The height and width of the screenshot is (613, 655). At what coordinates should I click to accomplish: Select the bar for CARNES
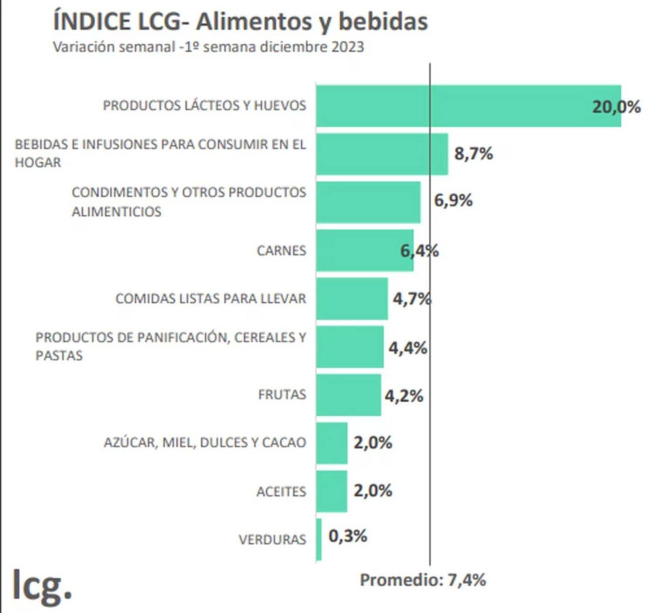pyautogui.click(x=365, y=250)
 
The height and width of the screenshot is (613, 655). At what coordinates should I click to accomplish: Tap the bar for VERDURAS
pyautogui.click(x=319, y=539)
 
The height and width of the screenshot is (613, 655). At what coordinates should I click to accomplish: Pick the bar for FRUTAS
pyautogui.click(x=348, y=395)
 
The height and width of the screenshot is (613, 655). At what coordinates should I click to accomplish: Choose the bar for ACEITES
pyautogui.click(x=332, y=491)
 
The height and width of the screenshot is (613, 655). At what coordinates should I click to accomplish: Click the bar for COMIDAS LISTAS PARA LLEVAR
pyautogui.click(x=352, y=298)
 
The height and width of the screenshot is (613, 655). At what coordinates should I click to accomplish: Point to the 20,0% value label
pyautogui.click(x=616, y=107)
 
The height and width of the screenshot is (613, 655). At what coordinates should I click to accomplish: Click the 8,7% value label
pyautogui.click(x=474, y=154)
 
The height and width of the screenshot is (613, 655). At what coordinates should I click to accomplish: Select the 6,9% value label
pyautogui.click(x=453, y=201)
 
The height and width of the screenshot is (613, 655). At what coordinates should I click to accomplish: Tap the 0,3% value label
pyautogui.click(x=348, y=536)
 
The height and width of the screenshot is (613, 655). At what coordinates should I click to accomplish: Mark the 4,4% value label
pyautogui.click(x=408, y=348)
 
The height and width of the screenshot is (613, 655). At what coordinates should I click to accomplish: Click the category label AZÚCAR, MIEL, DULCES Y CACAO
pyautogui.click(x=205, y=442)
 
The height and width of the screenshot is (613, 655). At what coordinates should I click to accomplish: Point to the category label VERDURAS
pyautogui.click(x=272, y=540)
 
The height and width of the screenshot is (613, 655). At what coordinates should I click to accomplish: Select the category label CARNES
pyautogui.click(x=281, y=251)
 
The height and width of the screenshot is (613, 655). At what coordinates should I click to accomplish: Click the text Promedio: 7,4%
pyautogui.click(x=423, y=580)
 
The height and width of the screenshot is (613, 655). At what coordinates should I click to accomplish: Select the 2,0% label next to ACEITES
pyautogui.click(x=373, y=491)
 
